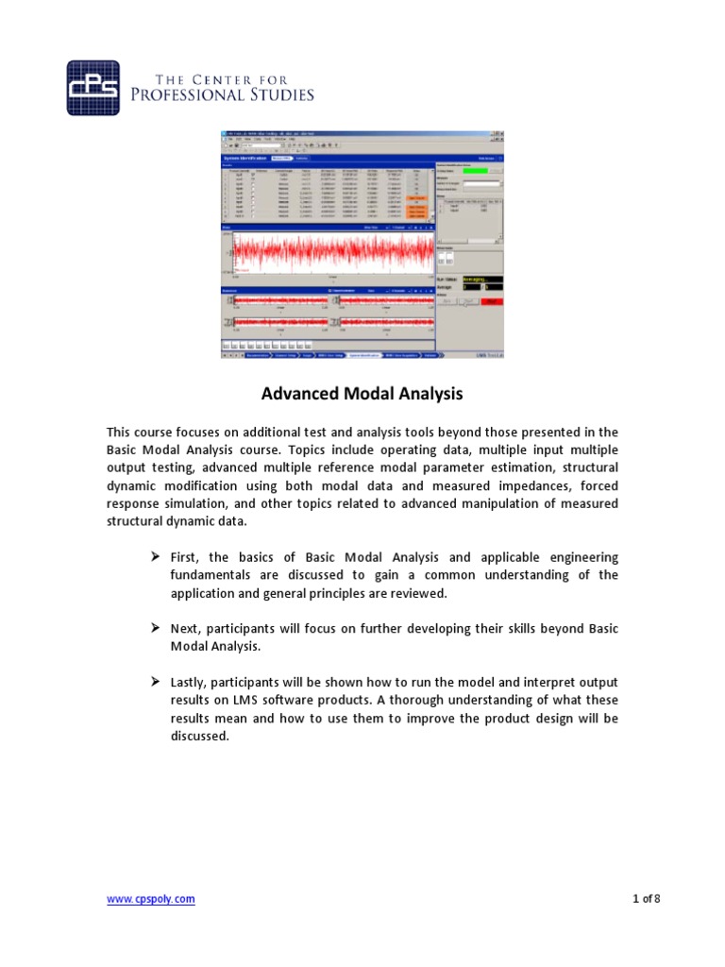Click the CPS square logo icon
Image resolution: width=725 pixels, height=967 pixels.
click(93, 87)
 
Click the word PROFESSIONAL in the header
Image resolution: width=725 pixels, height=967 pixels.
click(195, 94)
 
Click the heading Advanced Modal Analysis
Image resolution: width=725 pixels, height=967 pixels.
click(362, 392)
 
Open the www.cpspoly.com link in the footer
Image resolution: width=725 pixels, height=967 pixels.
click(151, 899)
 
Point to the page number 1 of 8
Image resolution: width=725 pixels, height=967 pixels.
click(646, 899)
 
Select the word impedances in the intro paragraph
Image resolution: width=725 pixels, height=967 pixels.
click(514, 485)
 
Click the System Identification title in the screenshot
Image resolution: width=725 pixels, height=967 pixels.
click(244, 159)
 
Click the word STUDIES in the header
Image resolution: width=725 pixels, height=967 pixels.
click(282, 94)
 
